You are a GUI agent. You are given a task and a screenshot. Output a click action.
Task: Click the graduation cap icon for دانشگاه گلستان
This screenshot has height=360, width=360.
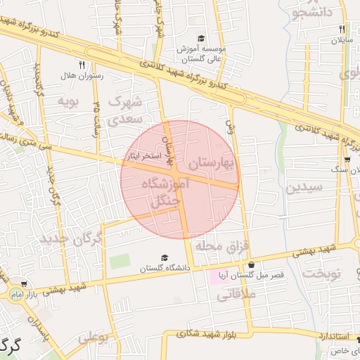click(165, 258)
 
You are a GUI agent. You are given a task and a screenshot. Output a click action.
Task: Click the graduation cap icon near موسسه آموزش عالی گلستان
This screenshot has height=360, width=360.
click(201, 39)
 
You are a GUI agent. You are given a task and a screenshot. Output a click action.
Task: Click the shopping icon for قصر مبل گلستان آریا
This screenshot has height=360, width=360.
click(252, 265)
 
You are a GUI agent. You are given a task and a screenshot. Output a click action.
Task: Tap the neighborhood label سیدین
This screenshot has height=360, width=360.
click(304, 188)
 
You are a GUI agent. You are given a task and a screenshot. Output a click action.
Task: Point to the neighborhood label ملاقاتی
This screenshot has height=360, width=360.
click(232, 297)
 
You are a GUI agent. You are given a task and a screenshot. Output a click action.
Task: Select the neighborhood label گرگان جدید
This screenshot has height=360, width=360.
click(71, 239)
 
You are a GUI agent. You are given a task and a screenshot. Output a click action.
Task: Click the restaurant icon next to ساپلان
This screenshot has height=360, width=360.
click(342, 30)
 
